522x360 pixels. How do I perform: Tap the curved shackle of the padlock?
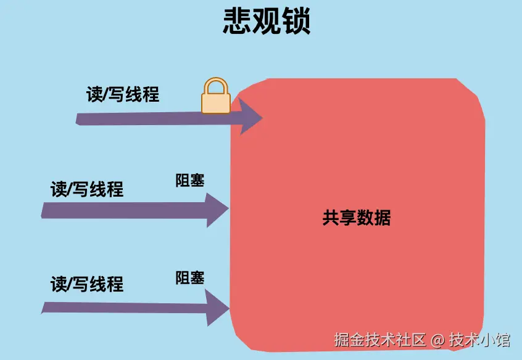coord(216,86)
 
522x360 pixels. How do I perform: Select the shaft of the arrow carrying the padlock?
coord(154,118)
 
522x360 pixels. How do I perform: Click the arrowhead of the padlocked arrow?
coord(250,117)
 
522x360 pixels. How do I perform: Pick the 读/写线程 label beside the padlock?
coord(122,94)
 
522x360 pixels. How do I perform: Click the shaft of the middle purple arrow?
coord(123,210)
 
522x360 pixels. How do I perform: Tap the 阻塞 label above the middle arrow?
coord(190,181)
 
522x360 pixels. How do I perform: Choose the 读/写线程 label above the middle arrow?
coord(87,189)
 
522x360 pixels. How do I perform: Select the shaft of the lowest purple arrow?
coord(123,307)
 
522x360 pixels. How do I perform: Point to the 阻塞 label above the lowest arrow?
coord(190,277)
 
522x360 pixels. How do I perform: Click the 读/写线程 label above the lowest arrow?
coord(87,284)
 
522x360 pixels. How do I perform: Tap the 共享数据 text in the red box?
coord(356,218)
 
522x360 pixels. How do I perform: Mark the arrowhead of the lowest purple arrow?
coord(218,307)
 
